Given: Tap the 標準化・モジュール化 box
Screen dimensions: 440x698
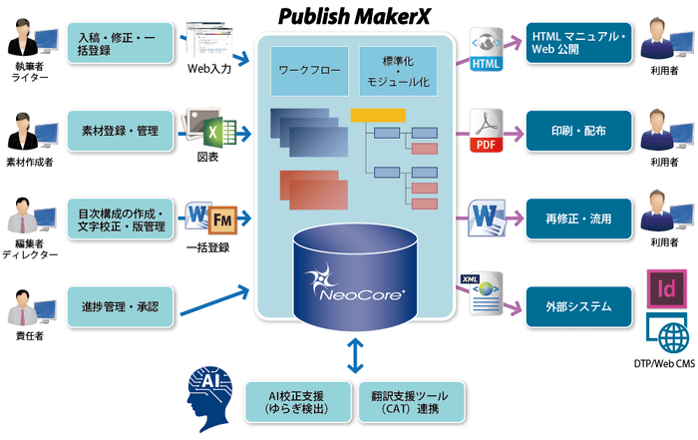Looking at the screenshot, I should (398, 71).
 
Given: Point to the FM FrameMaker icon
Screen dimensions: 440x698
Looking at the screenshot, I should (222, 218).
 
